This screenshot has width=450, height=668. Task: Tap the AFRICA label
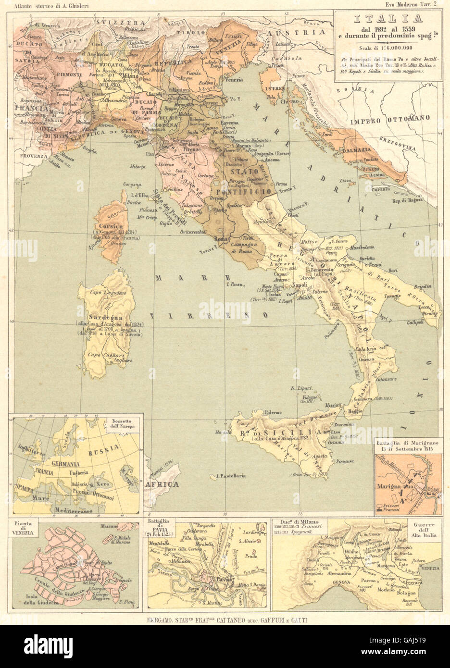tap(162, 484)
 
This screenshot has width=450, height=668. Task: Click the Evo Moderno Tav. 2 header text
tap(414, 5)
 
